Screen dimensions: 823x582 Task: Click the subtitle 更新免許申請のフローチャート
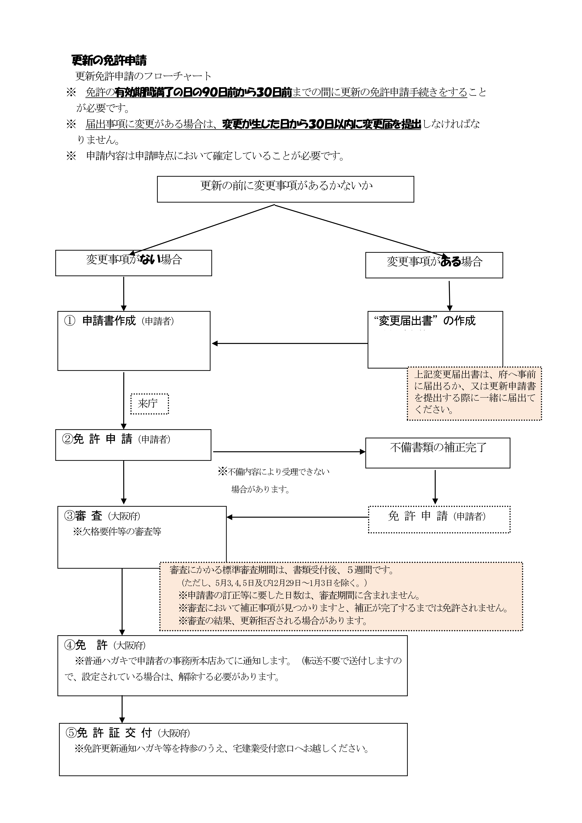[143, 76]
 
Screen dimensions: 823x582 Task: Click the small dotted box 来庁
[149, 404]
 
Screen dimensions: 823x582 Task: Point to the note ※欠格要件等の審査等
[117, 532]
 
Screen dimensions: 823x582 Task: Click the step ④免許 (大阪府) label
[105, 645]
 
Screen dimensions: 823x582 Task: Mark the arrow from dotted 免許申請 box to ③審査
[298, 517]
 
